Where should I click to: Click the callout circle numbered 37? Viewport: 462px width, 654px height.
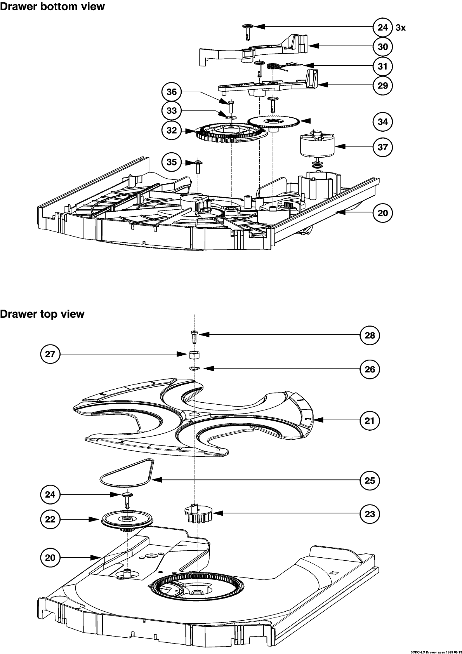click(x=383, y=147)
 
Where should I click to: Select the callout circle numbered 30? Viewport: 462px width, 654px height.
click(x=383, y=47)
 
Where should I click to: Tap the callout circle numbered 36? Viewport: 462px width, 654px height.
click(x=172, y=92)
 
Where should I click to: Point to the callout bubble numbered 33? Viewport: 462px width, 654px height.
click(x=172, y=111)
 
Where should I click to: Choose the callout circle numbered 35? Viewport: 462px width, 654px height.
click(x=172, y=162)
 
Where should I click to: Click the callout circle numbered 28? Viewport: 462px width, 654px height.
click(x=370, y=335)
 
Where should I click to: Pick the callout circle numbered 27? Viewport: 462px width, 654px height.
click(x=50, y=354)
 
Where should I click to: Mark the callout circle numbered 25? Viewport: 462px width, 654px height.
click(x=370, y=480)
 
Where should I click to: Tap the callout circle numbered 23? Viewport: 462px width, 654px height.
click(x=370, y=514)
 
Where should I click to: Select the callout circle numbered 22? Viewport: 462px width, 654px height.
click(x=50, y=519)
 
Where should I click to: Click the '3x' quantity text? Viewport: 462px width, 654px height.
click(x=401, y=28)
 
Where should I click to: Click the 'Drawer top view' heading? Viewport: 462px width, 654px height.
click(x=42, y=314)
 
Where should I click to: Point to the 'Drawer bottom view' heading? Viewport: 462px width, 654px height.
click(x=52, y=6)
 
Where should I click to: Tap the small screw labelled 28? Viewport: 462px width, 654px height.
click(x=194, y=336)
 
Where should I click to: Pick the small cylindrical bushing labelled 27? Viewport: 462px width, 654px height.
click(x=194, y=355)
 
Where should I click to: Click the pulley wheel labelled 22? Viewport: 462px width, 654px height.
click(x=127, y=519)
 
